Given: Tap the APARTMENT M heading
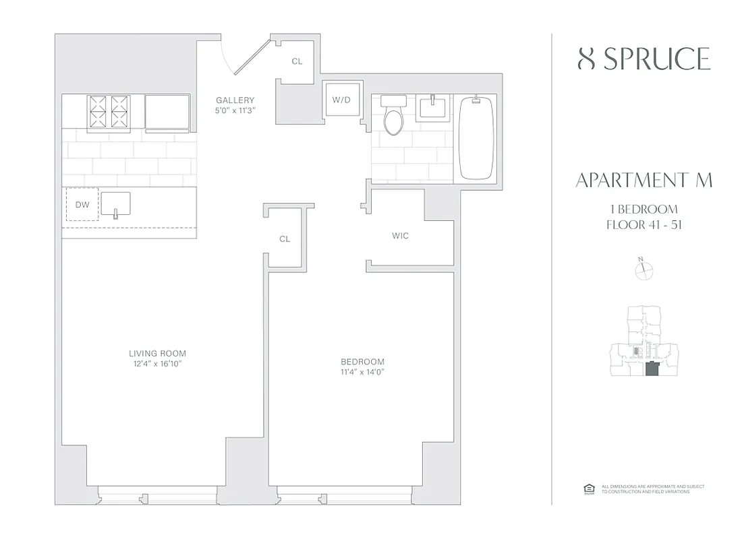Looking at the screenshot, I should [x=644, y=181].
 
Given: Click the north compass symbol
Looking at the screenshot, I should [x=645, y=270].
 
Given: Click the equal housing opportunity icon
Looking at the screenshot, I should [x=587, y=489].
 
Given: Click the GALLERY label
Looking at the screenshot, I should [x=235, y=100].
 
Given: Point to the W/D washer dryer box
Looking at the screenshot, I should [x=341, y=100].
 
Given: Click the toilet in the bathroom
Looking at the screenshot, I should [x=392, y=117].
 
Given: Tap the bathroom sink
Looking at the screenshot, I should [x=430, y=107].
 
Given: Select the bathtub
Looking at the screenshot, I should [x=476, y=137].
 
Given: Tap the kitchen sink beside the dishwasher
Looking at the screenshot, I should [x=116, y=204].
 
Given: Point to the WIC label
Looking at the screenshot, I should [x=400, y=236].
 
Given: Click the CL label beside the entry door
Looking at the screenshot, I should [x=297, y=61].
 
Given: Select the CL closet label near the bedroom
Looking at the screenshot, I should [x=285, y=239].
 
